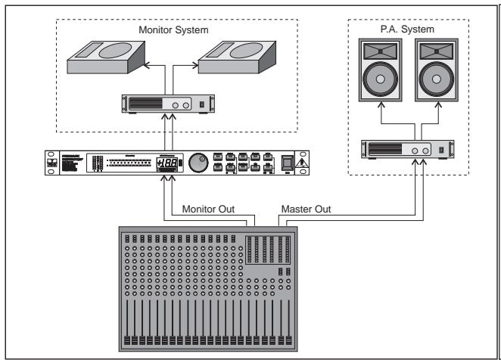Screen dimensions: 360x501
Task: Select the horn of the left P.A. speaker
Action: [380, 52]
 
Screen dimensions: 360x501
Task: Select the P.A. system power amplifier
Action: [409, 151]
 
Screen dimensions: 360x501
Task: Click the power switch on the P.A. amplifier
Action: [445, 151]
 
